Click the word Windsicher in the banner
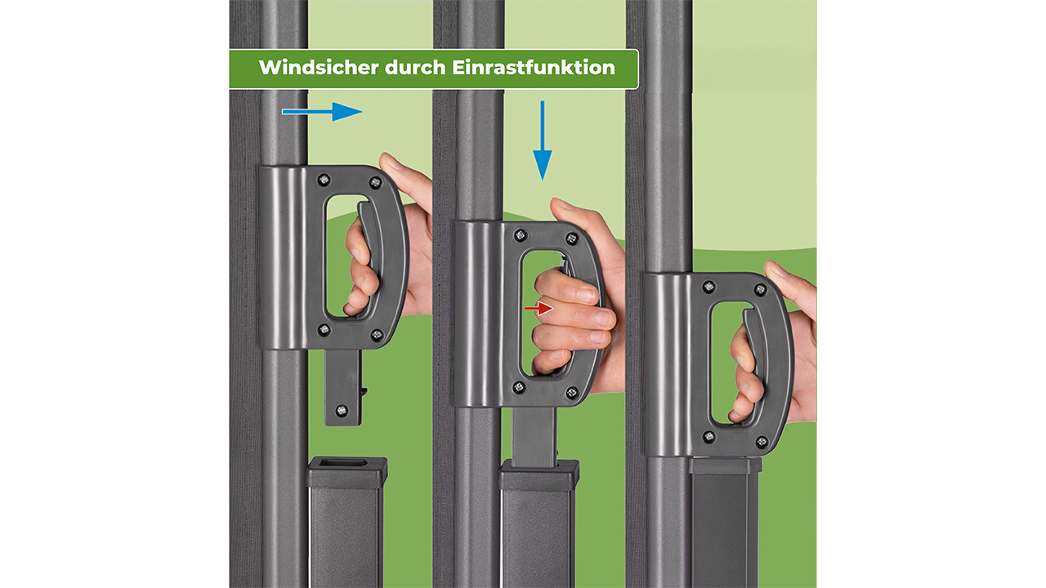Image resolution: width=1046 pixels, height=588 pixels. (319, 68)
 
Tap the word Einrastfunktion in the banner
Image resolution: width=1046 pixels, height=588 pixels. (534, 68)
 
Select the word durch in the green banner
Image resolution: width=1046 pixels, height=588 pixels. (415, 68)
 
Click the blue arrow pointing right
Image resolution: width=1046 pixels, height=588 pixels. (322, 112)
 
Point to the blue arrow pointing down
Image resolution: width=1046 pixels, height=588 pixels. (542, 140)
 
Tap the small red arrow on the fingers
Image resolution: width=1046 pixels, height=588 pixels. (539, 308)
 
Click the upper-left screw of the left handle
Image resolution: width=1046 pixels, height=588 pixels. (323, 180)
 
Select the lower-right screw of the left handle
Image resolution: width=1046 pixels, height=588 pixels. (377, 335)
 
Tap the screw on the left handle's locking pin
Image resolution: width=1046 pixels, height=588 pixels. (342, 410)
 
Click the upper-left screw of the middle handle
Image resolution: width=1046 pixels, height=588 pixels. (520, 235)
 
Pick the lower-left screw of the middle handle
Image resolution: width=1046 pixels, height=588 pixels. (518, 387)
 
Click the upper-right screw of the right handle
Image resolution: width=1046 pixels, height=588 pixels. (761, 290)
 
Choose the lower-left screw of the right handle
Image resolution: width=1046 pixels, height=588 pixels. (709, 437)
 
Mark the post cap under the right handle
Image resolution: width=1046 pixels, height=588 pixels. (725, 465)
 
